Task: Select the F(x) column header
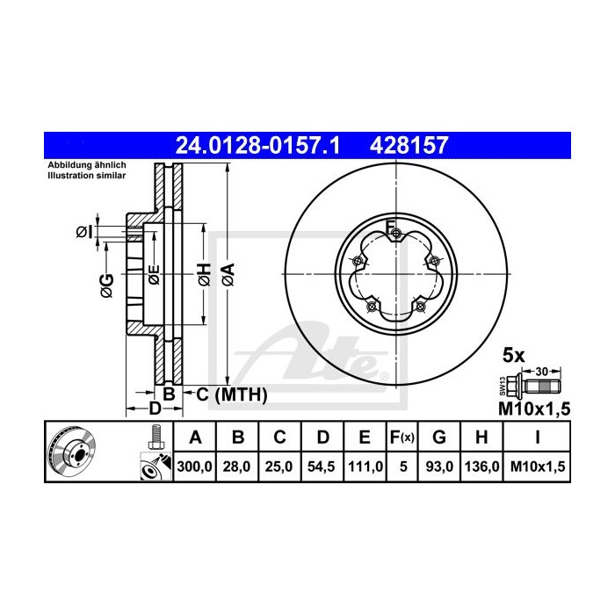click(403, 438)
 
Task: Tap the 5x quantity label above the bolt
click(513, 356)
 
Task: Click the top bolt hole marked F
click(397, 233)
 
